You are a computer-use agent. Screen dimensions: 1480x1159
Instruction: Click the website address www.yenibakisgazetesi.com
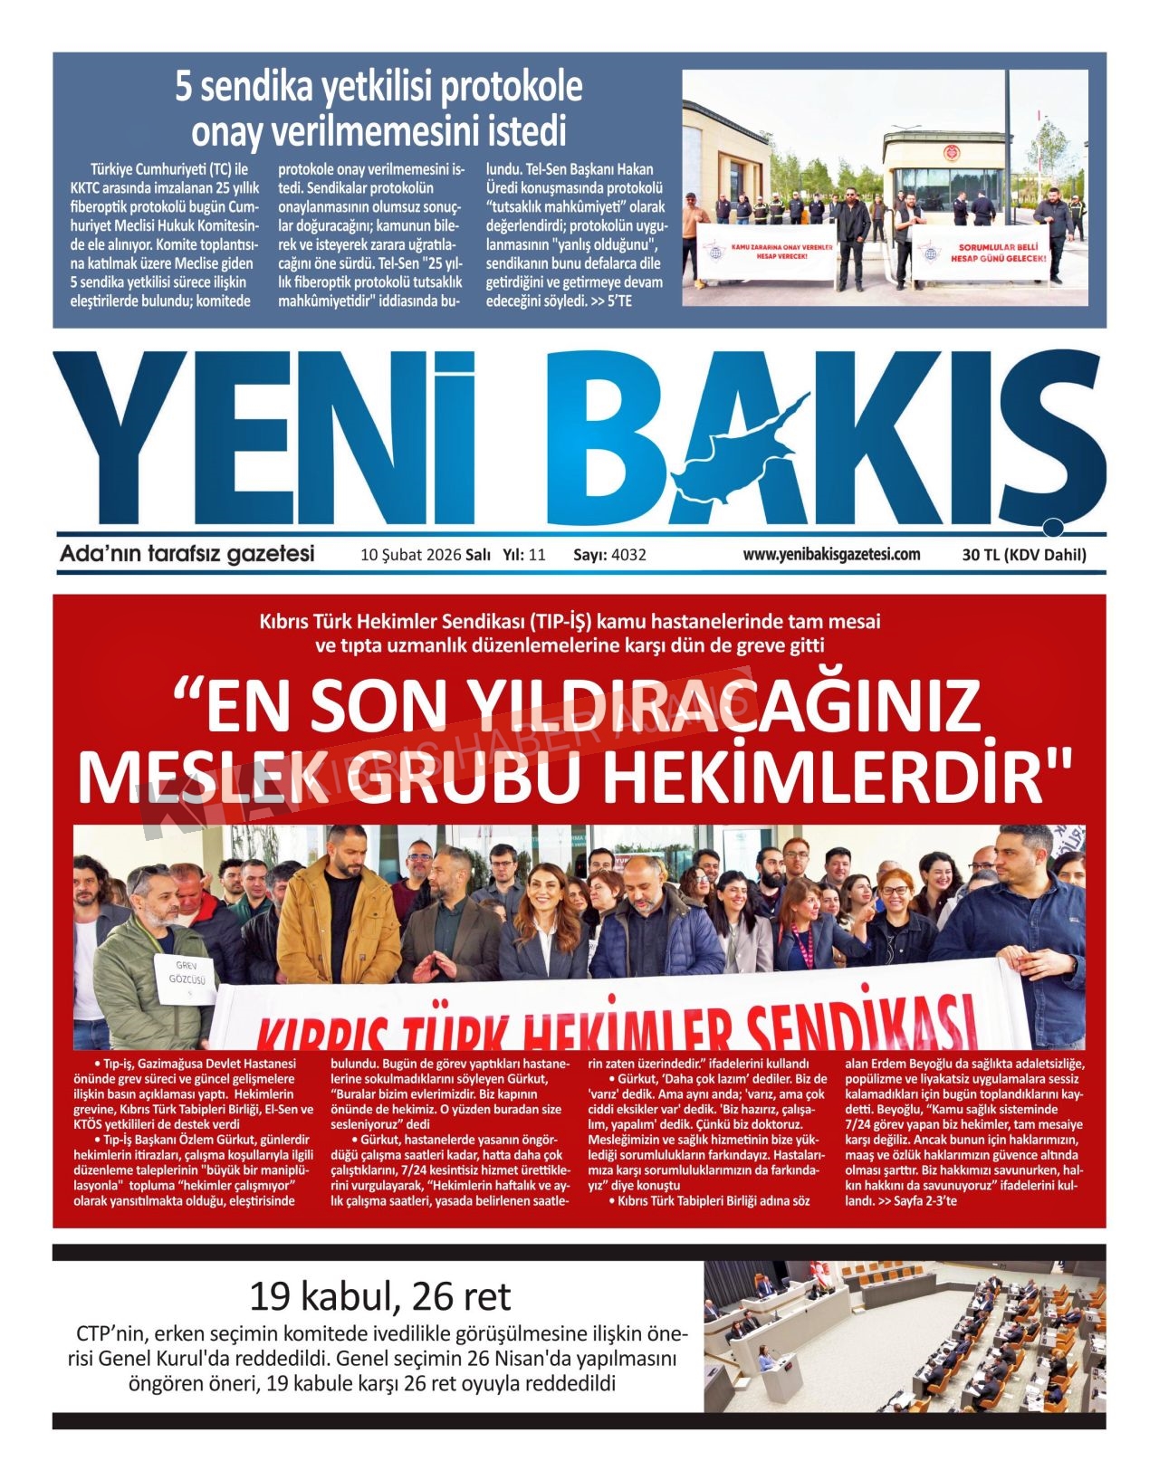831,555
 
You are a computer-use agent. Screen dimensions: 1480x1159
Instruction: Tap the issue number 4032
628,555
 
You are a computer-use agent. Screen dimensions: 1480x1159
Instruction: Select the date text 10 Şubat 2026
410,555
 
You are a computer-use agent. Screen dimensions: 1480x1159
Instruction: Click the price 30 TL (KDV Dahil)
1024,555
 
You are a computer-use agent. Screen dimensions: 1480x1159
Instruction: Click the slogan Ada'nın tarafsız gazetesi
187,554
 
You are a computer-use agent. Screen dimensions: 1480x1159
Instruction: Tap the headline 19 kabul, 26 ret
379,1296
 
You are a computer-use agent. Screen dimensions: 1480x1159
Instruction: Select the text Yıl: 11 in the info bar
523,555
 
